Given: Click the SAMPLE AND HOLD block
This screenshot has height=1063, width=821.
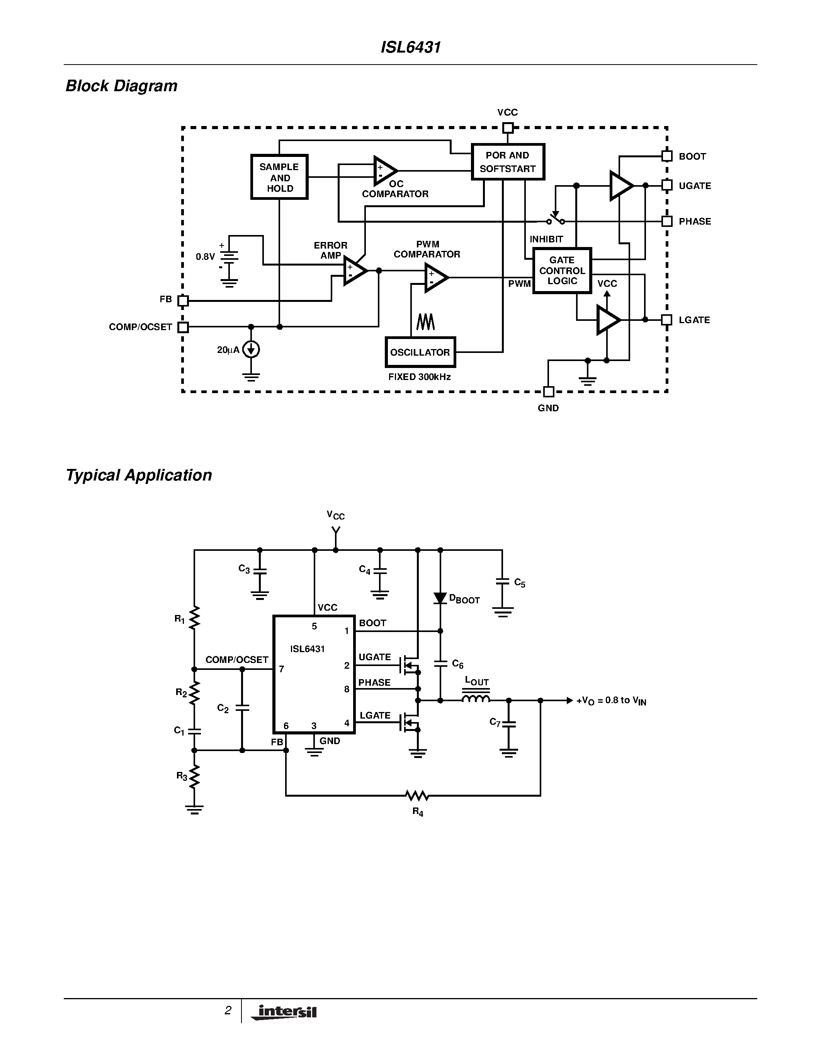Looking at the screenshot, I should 279,177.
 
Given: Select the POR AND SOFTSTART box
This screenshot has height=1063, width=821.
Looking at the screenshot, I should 507,162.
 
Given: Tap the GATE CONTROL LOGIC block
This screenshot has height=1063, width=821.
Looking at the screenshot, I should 562,271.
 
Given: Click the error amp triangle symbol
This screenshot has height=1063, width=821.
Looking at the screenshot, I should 354,271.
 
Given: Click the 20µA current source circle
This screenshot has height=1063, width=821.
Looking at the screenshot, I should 251,349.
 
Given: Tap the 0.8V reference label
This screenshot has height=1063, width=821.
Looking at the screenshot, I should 205,257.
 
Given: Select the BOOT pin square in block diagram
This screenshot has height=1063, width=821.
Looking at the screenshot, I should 667,156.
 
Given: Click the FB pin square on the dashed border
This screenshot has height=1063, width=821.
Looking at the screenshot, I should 183,301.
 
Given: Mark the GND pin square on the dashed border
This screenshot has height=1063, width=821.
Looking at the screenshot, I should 548,391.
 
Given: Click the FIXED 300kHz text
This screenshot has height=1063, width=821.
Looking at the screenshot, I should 419,377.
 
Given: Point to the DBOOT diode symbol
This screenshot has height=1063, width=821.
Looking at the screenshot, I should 440,598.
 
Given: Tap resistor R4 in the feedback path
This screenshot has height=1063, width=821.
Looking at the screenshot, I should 417,795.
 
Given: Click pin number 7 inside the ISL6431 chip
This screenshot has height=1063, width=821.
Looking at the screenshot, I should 281,669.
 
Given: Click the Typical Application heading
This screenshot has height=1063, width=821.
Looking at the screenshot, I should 139,475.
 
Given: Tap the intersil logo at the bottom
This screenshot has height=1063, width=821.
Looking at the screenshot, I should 284,1012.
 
